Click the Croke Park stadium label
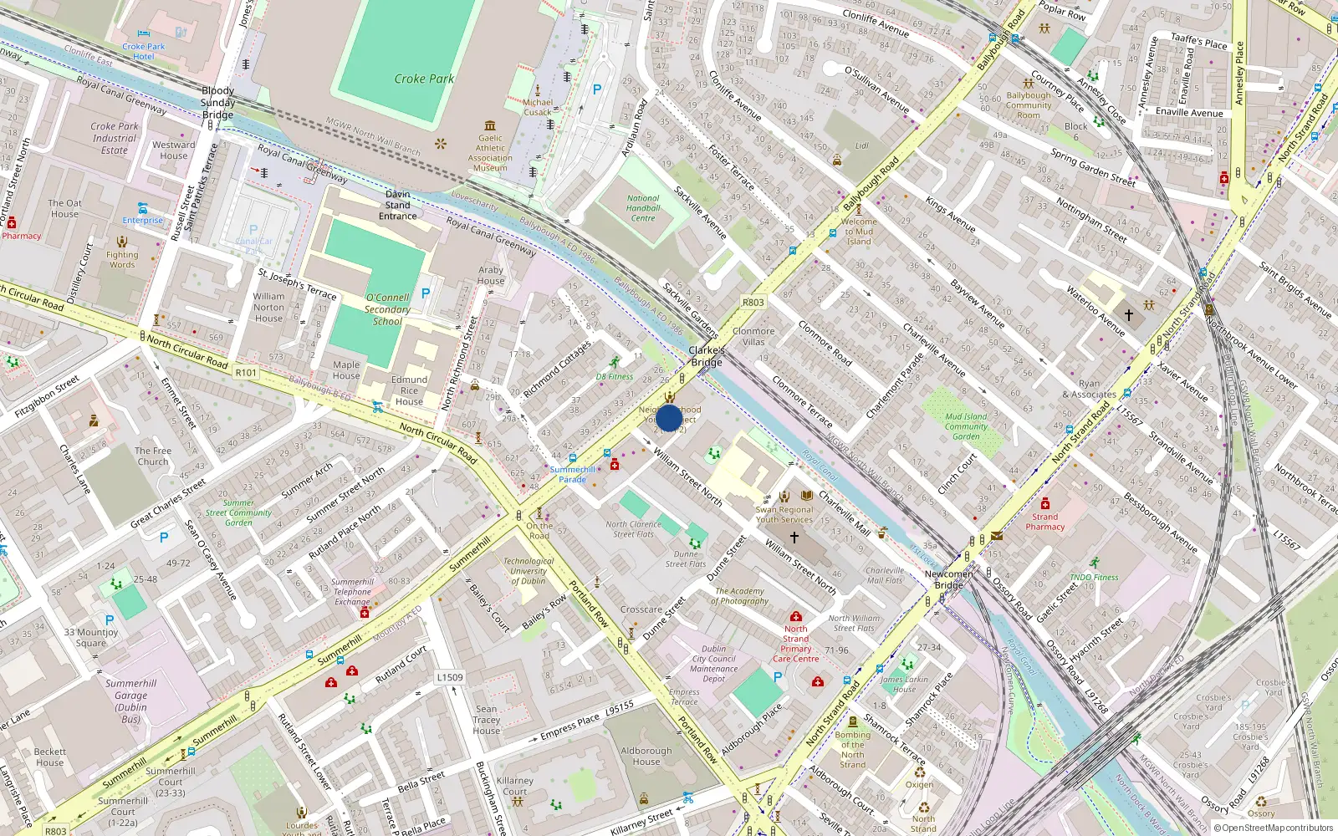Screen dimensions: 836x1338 tap(424, 79)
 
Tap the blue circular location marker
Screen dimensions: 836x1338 tap(669, 418)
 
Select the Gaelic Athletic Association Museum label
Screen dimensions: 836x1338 tap(490, 153)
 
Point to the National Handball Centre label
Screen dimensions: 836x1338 tap(643, 208)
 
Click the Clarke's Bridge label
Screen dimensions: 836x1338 tap(707, 356)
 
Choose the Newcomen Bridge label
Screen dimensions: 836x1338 tap(948, 579)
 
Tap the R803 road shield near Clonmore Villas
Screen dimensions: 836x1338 tap(753, 303)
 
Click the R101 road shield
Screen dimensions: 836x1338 tap(246, 373)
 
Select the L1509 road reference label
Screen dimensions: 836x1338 tap(449, 677)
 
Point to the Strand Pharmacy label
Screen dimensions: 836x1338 tap(1045, 522)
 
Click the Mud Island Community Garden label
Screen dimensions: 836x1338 tap(966, 426)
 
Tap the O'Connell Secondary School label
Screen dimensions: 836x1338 tap(387, 309)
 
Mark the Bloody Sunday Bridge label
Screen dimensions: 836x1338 tap(217, 102)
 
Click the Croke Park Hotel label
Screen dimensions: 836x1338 tap(144, 52)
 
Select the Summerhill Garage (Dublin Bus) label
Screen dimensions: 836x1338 tap(130, 701)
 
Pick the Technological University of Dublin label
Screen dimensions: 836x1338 tap(529, 571)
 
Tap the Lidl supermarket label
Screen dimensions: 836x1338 tap(861, 145)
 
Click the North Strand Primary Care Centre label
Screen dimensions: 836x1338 tap(795, 644)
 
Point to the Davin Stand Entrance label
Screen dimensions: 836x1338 tap(397, 205)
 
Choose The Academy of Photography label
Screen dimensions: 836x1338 tap(740, 596)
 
